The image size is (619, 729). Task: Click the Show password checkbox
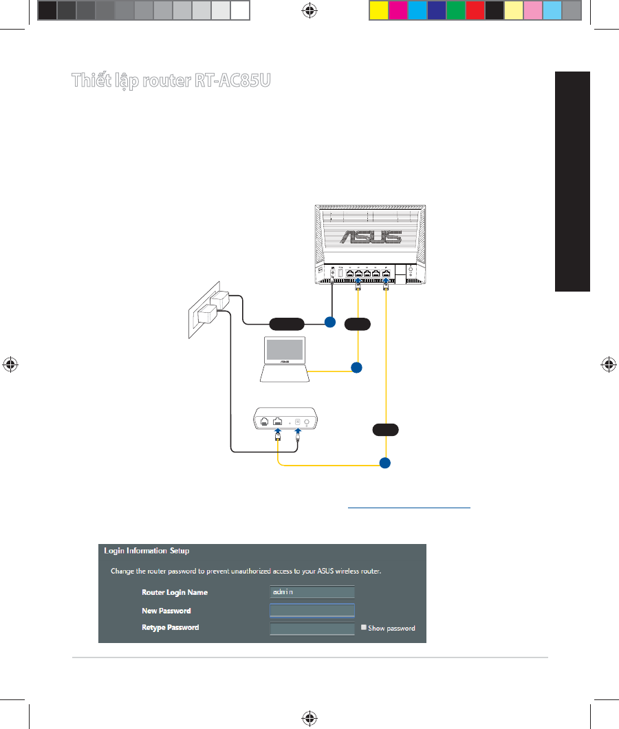(364, 627)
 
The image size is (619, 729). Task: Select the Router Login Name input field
(312, 592)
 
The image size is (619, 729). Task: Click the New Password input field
(312, 611)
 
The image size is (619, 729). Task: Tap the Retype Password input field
(312, 629)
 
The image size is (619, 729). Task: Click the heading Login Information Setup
(146, 551)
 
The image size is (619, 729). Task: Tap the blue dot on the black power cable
(329, 321)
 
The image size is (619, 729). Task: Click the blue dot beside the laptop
(356, 368)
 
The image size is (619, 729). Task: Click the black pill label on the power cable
(287, 322)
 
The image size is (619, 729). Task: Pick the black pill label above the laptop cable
(357, 322)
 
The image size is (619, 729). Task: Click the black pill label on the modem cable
(385, 431)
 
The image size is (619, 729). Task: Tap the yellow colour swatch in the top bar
(378, 10)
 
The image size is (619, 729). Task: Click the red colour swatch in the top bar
(475, 10)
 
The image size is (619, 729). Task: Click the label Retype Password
(170, 628)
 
